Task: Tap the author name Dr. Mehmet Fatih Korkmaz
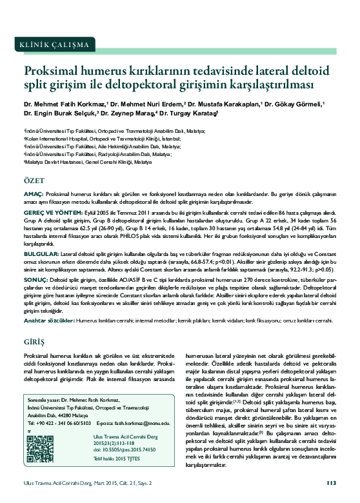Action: pyautogui.click(x=65, y=103)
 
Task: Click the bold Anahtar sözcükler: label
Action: pyautogui.click(x=48, y=320)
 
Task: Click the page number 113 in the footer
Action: pyautogui.click(x=332, y=483)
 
